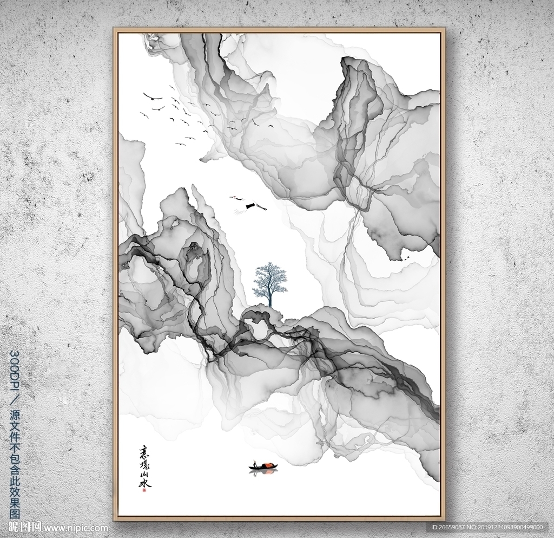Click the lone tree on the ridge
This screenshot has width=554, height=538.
[269, 282]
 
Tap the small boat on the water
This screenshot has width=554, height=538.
[263, 466]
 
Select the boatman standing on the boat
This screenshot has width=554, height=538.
[254, 464]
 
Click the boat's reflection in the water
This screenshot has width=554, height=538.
[263, 472]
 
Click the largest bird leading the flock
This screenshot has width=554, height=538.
[153, 98]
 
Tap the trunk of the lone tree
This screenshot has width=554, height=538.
[269, 297]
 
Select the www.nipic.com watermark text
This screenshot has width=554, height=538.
[76, 527]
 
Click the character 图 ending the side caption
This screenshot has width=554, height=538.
[15, 512]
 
